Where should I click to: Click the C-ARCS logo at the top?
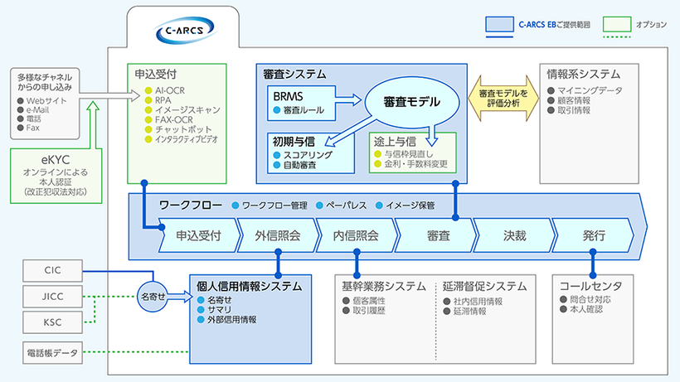[185, 31]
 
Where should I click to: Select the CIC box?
[53, 270]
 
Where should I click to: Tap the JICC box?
[53, 296]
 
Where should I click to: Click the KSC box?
[53, 322]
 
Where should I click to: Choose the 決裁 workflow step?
[514, 235]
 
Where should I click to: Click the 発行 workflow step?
[593, 235]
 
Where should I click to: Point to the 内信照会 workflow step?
[356, 235]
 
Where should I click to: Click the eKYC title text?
[53, 158]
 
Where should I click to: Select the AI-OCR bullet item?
[171, 89]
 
